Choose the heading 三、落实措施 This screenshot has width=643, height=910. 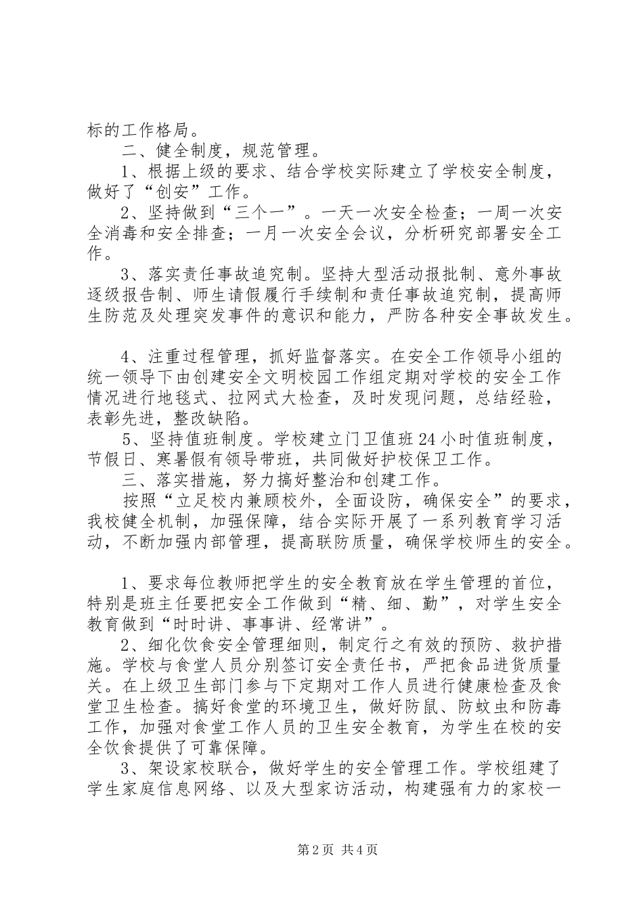pos(173,481)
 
